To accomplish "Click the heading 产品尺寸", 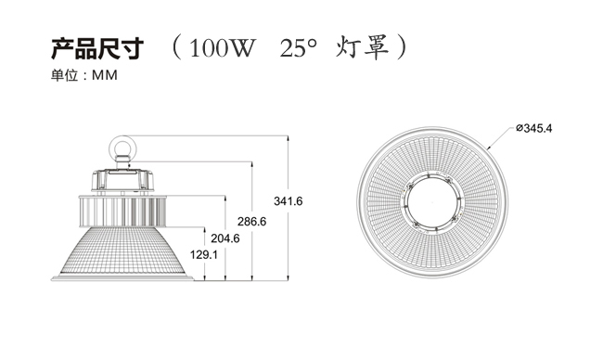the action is tap(97, 49).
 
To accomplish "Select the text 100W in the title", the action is tap(223, 48).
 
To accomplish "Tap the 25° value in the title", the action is tap(299, 48).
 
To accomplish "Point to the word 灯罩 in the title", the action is tap(362, 47).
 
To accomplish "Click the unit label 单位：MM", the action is tap(84, 75).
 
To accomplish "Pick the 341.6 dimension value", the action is tap(288, 201).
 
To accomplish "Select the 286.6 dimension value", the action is tap(251, 222).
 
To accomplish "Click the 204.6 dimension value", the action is tap(225, 238).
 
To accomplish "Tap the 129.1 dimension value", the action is tap(204, 254).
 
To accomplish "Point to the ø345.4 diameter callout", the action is tap(533, 128).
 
